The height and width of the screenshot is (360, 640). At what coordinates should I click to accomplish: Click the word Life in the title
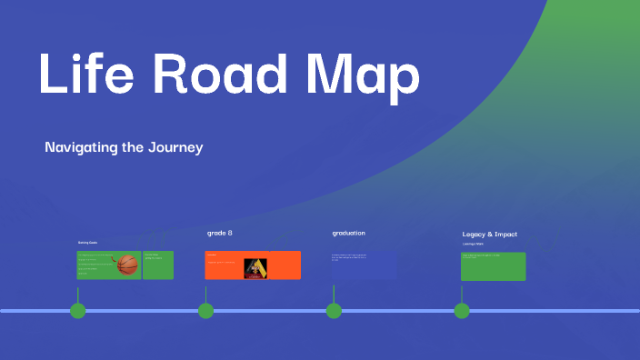[x=84, y=75]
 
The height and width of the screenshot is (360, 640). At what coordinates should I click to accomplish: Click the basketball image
[x=127, y=265]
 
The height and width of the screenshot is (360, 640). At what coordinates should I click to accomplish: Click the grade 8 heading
[x=220, y=234]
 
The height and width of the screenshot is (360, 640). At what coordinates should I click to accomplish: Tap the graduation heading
[x=348, y=234]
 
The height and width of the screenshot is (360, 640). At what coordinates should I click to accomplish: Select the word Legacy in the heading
[x=477, y=235]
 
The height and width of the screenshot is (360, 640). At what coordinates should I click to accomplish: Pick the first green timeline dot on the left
[x=78, y=311]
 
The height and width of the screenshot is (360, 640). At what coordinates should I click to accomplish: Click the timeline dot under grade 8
[x=206, y=311]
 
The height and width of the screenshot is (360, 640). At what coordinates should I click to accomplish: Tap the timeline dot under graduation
[x=334, y=311]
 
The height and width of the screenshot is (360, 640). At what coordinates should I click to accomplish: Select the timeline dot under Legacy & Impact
[x=462, y=311]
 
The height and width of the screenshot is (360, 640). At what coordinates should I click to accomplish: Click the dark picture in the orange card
[x=255, y=266]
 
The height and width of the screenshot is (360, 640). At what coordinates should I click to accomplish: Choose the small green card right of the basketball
[x=158, y=265]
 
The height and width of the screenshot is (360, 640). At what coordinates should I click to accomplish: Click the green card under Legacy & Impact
[x=493, y=265]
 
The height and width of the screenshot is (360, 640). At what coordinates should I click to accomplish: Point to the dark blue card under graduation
[x=364, y=265]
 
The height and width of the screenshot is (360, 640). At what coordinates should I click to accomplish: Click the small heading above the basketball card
[x=87, y=243]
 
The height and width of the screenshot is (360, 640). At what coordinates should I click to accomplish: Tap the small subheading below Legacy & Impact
[x=473, y=244]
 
